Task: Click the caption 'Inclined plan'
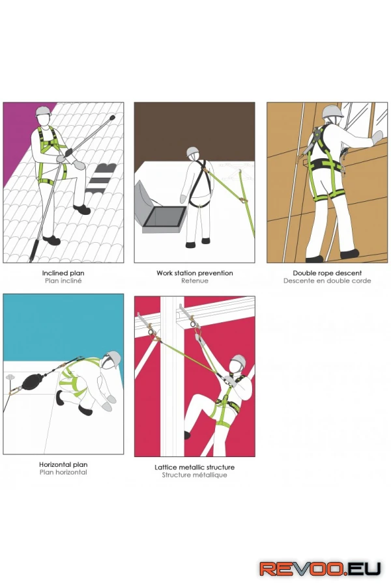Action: click(63, 273)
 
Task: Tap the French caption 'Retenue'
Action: click(195, 281)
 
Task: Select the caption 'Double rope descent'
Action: click(327, 273)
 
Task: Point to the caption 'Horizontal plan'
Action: click(63, 464)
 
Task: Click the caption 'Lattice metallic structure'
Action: click(195, 467)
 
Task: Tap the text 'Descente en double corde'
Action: click(327, 281)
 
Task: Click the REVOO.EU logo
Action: click(320, 568)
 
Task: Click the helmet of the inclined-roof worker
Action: click(44, 111)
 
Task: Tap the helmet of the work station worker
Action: click(193, 151)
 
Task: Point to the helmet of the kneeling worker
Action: click(113, 358)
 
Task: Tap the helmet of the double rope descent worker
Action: click(332, 111)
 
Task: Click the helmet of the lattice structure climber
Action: click(239, 360)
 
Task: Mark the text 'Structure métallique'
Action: click(195, 475)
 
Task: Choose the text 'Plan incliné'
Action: click(63, 281)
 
